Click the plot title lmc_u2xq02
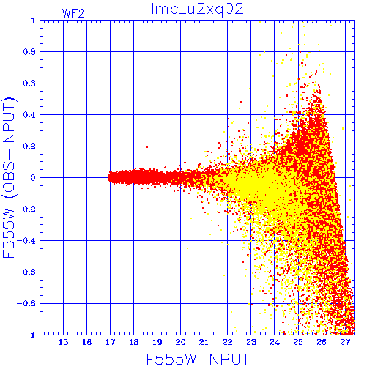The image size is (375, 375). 197,10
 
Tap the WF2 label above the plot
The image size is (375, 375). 73,13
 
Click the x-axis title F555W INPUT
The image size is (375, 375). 198,360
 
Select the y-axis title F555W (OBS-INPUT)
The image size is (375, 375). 9,178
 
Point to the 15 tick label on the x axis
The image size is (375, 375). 63,342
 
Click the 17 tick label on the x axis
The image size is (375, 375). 110,342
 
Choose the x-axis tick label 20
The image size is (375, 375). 180,342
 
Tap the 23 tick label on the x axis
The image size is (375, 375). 250,342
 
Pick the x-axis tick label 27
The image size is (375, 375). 345,342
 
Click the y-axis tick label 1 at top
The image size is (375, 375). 33,21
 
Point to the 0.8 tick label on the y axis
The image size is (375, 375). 29,52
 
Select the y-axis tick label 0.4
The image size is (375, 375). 29,115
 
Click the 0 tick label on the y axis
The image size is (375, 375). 33,178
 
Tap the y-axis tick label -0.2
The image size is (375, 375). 26,209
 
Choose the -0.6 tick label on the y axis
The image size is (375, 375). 26,272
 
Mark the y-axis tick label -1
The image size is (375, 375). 29,335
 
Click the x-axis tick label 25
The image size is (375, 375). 298,342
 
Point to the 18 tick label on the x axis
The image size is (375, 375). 133,342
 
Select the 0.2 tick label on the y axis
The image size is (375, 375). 29,146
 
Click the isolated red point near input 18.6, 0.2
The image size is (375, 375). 147,147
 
